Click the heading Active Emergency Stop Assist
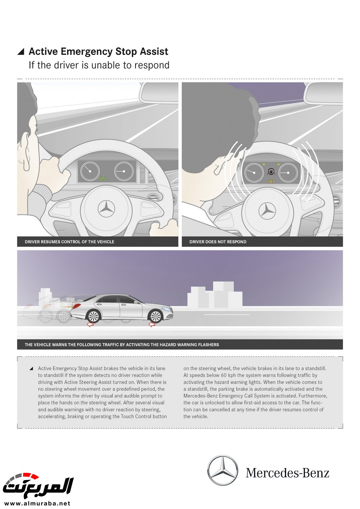click(x=98, y=52)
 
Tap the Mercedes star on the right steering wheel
click(x=267, y=211)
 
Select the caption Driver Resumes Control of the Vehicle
click(x=69, y=242)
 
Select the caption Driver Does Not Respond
click(x=218, y=242)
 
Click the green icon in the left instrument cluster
click(x=102, y=178)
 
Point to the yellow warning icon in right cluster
click(x=271, y=181)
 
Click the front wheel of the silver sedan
click(x=156, y=316)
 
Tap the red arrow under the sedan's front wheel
click(x=152, y=324)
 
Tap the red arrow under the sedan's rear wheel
click(x=90, y=324)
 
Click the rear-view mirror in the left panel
click(x=159, y=92)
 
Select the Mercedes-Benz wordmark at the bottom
click(x=287, y=473)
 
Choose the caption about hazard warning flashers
click(x=122, y=345)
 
